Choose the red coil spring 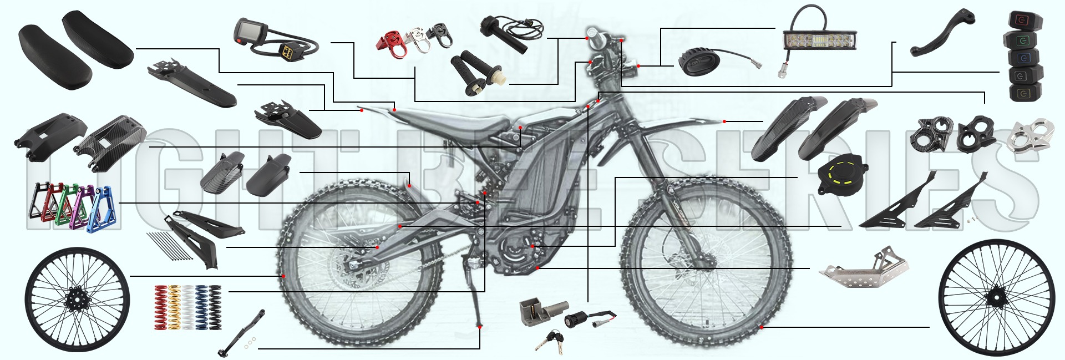pyautogui.click(x=161, y=307)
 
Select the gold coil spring pyautogui.click(x=175, y=307)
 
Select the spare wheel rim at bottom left pyautogui.click(x=77, y=300)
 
